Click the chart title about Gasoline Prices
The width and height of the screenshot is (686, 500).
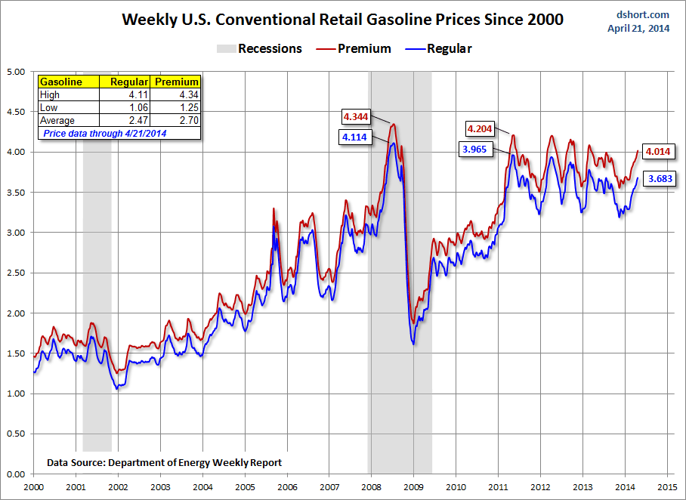point(342,20)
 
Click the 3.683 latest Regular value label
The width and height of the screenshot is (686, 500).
point(658,179)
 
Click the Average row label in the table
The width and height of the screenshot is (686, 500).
point(57,121)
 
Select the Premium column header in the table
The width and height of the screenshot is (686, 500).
point(176,82)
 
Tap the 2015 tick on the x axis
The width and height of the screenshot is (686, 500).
point(666,488)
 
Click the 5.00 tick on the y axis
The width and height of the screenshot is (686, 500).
point(16,72)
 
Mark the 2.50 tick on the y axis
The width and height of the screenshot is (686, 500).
point(16,273)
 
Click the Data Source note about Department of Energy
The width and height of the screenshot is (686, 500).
point(164,461)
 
